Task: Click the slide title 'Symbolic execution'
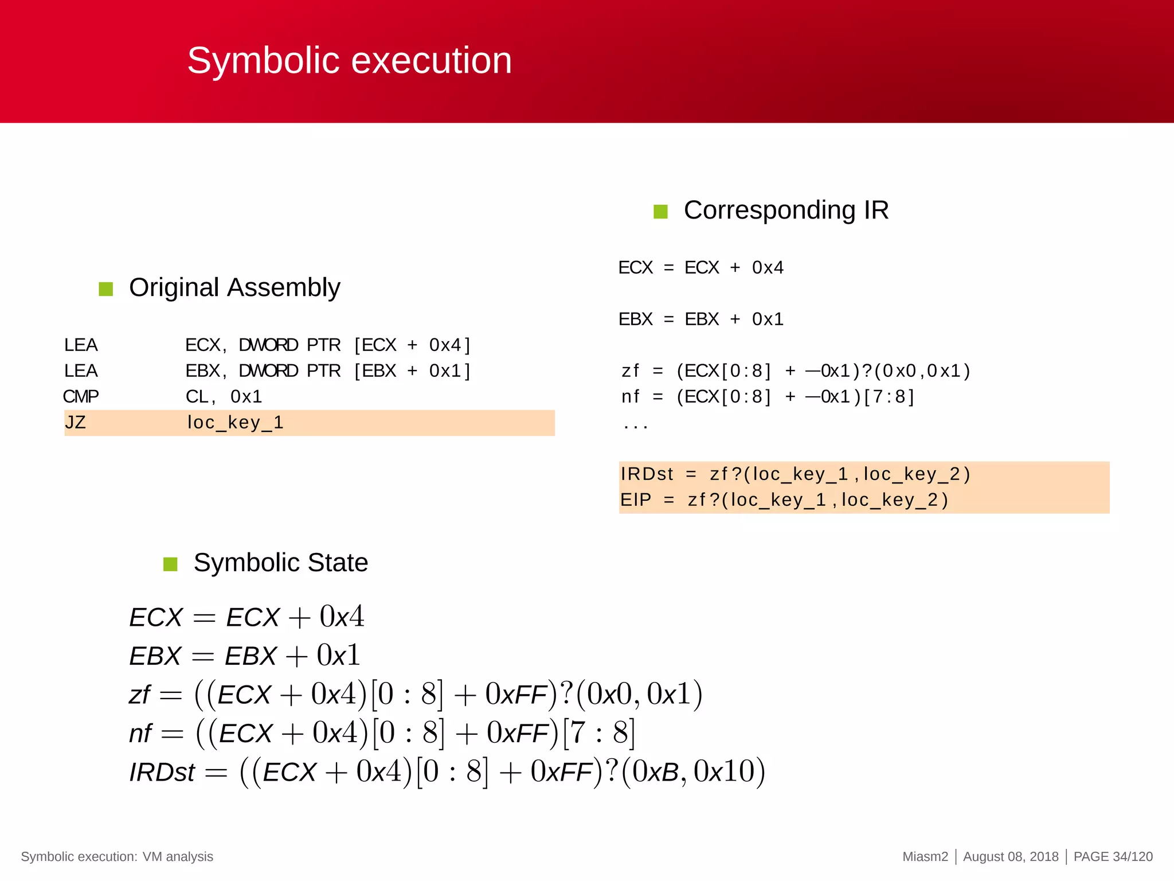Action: [x=349, y=61]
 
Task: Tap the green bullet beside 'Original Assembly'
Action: [x=106, y=289]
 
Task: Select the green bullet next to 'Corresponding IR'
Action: [x=660, y=212]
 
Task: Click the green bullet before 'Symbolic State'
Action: [x=170, y=564]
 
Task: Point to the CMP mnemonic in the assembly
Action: [x=81, y=396]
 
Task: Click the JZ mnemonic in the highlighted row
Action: [x=75, y=423]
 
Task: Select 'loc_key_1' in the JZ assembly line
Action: [x=235, y=423]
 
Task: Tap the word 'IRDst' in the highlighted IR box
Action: [x=647, y=474]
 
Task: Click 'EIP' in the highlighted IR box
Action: [x=635, y=500]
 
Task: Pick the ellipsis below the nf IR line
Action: [x=635, y=426]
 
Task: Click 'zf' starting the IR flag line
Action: [x=630, y=371]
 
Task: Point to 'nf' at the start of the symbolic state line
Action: [x=140, y=734]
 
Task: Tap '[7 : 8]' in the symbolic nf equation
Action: [x=599, y=734]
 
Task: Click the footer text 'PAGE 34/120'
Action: [x=1113, y=856]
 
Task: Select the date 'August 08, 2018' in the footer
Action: [x=1011, y=856]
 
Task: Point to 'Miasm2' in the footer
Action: [x=925, y=856]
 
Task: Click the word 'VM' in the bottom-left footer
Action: [x=152, y=856]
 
